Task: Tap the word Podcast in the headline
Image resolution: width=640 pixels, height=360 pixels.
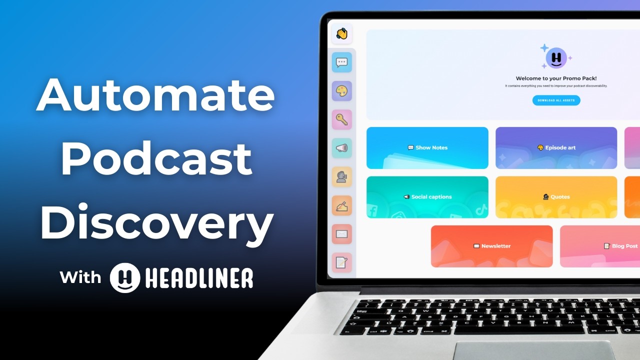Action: click(156, 158)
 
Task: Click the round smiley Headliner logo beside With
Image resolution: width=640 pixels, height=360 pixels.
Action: click(125, 277)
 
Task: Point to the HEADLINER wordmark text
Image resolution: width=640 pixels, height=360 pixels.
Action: click(199, 278)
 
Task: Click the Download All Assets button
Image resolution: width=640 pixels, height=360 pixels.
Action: click(556, 100)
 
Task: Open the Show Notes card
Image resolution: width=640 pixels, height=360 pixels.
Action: click(427, 148)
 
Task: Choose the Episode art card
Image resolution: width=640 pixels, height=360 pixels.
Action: click(556, 148)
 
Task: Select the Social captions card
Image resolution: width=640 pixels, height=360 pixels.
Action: click(427, 197)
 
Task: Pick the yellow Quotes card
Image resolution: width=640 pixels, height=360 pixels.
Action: click(556, 197)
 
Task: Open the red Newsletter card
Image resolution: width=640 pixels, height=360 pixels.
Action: click(492, 246)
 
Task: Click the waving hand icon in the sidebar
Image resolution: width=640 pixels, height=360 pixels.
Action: click(342, 34)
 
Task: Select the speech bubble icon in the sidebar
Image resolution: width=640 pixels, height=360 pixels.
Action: click(342, 62)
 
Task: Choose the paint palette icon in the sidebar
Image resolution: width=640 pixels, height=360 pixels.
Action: click(342, 91)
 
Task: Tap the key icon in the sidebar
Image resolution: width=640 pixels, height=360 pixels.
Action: click(342, 119)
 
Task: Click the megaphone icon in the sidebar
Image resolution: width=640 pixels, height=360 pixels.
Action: click(342, 148)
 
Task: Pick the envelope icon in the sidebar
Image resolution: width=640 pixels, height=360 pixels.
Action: click(342, 233)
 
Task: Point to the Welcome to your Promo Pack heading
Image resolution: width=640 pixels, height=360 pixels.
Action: click(556, 78)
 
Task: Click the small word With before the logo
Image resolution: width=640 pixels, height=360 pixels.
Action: click(80, 277)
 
